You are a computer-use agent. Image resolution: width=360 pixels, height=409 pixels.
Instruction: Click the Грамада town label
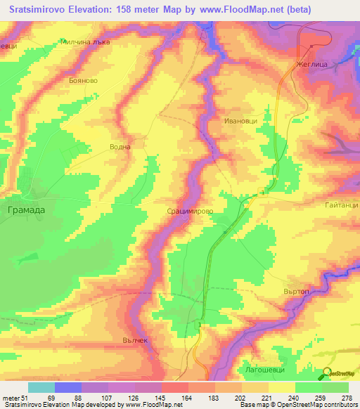[x=25, y=209]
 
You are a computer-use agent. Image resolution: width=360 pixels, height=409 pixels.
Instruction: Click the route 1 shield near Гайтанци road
[x=262, y=192]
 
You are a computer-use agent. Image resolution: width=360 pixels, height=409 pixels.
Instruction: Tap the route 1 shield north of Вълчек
[x=200, y=325]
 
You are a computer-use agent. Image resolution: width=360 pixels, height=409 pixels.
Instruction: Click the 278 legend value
[x=345, y=397]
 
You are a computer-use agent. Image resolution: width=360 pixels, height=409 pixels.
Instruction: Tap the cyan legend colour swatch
[x=41, y=387]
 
